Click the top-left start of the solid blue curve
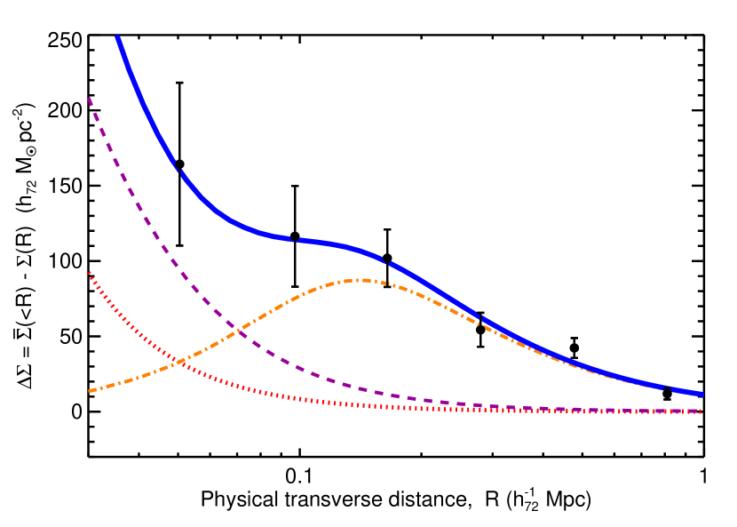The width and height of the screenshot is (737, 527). (117, 37)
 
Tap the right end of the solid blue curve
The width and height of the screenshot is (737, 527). (702, 394)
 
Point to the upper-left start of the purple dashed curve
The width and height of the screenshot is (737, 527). (88, 98)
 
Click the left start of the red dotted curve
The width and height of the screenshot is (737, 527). (88, 273)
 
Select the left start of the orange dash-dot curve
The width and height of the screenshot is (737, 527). (90, 390)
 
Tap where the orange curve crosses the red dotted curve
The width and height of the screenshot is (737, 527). (181, 361)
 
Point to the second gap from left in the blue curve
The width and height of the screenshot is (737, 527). (295, 239)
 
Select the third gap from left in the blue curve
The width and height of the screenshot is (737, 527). (387, 262)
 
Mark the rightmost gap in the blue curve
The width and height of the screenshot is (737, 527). (480, 317)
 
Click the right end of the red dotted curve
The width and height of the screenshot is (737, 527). (701, 411)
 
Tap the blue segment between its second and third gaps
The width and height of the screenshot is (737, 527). (342, 246)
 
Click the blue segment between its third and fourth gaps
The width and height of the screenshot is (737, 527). (435, 287)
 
